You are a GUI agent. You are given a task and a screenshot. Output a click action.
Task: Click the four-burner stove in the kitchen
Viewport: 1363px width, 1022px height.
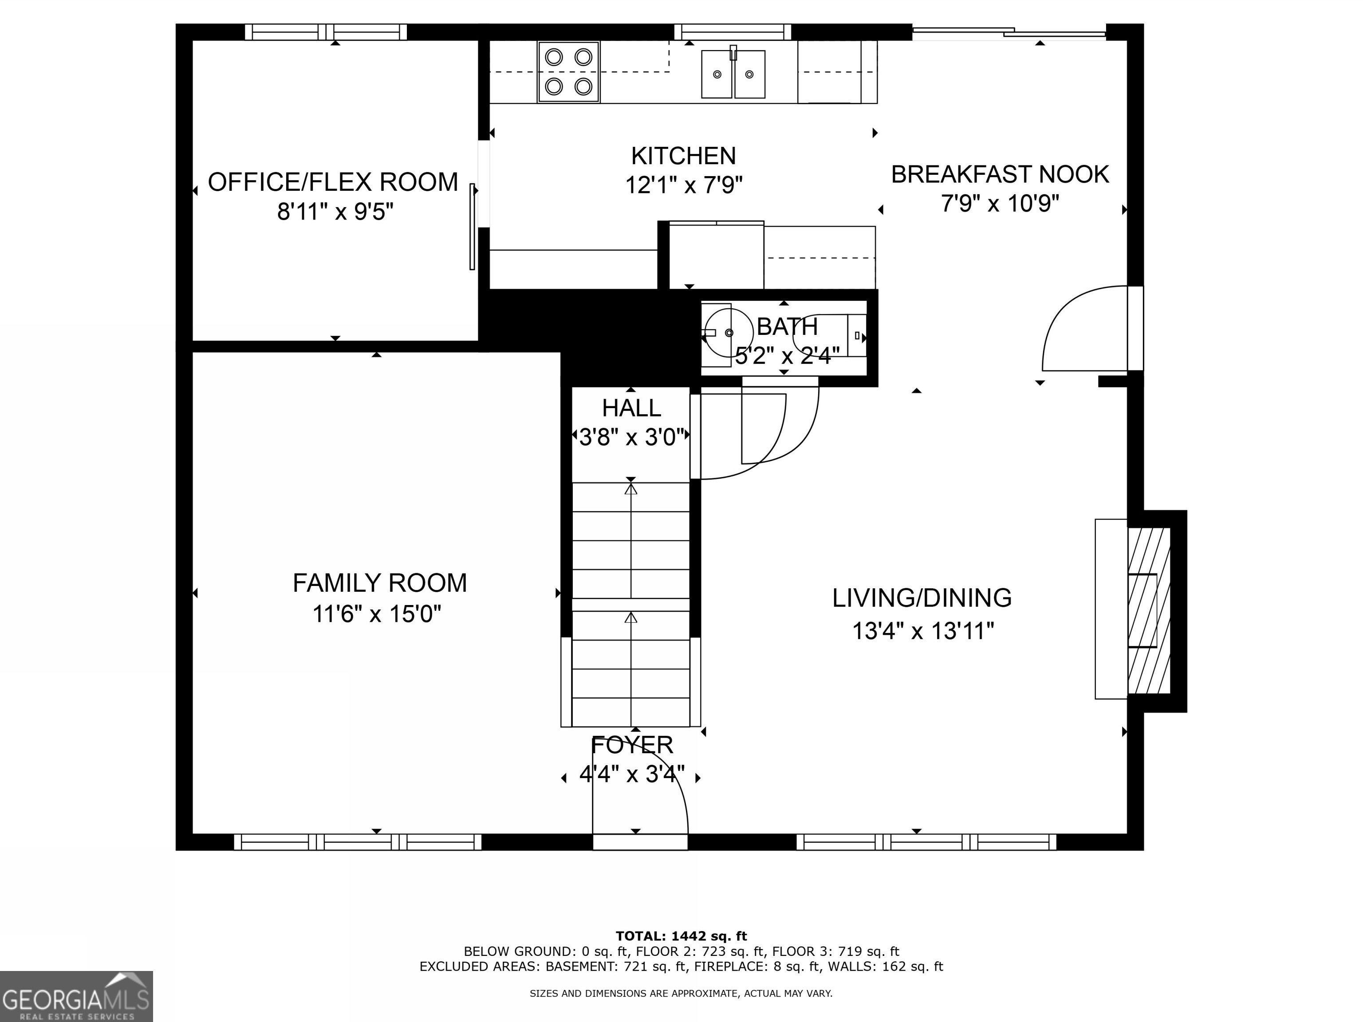568,71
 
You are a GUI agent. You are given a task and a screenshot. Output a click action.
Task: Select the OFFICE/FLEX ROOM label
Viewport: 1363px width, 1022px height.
333,182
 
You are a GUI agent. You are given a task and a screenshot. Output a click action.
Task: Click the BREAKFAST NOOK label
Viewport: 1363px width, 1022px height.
1000,174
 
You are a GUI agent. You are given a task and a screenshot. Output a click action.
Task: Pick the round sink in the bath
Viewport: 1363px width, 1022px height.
729,333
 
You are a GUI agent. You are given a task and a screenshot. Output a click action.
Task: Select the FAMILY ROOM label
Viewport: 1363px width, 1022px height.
379,583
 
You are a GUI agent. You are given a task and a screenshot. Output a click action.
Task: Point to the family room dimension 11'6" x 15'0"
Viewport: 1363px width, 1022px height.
377,614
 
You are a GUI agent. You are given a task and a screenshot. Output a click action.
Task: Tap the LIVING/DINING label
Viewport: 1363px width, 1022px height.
922,598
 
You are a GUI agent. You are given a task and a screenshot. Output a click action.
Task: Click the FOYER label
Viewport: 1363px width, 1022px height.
632,745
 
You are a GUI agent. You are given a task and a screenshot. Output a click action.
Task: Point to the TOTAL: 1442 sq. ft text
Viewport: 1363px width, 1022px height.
681,936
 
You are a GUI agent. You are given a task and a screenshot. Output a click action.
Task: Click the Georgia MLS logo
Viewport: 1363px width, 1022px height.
76,997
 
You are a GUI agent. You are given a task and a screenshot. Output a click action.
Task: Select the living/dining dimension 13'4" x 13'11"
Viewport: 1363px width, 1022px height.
923,631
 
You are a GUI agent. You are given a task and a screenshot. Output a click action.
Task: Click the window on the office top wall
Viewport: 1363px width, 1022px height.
326,32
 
